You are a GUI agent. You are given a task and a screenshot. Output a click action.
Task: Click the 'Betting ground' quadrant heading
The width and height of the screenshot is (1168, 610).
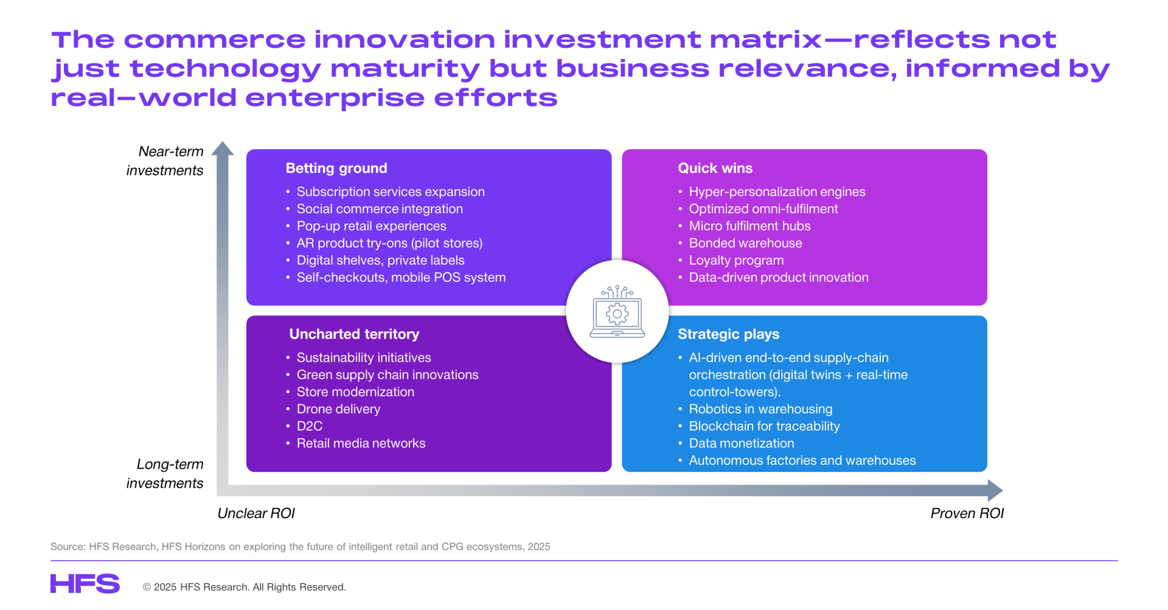336,169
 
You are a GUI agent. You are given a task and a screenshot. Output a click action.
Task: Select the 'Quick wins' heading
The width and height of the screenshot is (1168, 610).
715,169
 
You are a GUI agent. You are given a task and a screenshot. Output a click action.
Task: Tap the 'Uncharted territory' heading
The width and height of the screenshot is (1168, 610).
354,334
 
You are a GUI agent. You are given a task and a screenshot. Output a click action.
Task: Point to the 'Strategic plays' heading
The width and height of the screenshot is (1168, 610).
728,334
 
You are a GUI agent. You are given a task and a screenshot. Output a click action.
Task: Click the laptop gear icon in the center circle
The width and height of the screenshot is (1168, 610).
617,311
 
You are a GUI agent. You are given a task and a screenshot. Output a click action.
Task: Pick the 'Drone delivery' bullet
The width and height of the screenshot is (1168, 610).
338,409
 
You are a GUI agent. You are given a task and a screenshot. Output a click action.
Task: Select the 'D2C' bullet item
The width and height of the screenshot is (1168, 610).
310,426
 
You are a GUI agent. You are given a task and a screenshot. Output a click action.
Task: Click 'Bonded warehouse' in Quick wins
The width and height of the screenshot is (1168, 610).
745,244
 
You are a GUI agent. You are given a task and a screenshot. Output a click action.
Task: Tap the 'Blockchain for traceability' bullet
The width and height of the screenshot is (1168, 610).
764,426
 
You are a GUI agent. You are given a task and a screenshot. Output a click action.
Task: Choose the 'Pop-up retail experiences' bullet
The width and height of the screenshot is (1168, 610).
371,226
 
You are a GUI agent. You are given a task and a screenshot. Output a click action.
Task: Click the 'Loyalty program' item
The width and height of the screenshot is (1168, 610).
736,261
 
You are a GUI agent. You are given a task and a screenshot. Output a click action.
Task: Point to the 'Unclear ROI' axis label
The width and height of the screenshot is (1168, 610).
256,514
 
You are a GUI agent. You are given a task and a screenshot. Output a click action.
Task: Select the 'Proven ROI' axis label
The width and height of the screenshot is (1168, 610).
967,514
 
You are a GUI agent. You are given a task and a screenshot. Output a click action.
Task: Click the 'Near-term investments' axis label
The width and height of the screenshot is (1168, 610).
165,161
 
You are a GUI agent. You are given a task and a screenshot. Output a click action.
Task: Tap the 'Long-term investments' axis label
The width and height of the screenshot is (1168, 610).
165,474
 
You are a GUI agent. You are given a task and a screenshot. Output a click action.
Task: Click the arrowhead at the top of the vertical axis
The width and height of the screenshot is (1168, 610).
223,148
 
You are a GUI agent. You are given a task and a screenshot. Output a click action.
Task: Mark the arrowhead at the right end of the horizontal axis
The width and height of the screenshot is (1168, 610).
996,491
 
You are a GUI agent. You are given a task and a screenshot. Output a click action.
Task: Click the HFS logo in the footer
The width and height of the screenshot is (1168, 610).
85,584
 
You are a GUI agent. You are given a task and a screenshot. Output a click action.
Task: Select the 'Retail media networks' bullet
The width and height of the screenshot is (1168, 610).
361,444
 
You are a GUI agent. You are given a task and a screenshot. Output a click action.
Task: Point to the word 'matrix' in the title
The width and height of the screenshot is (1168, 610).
766,40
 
